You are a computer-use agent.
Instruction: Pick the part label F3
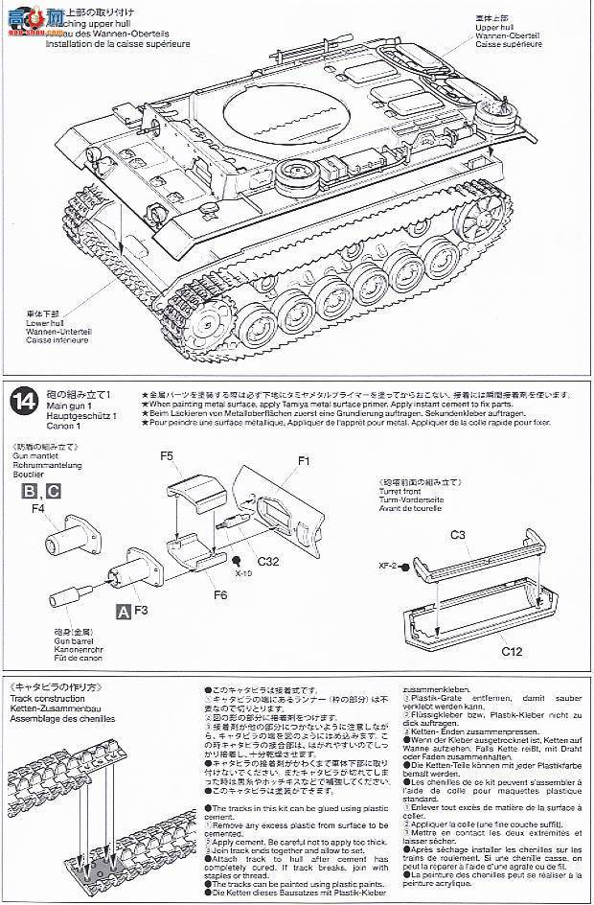click(140, 609)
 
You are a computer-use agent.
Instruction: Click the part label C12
click(512, 651)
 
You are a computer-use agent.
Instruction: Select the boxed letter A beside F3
click(122, 610)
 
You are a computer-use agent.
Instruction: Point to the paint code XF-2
click(389, 567)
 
